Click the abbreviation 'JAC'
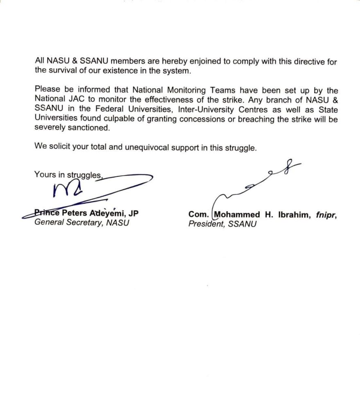[x=78, y=99]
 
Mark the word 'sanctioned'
[x=85, y=128]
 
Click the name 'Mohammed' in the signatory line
[x=236, y=214]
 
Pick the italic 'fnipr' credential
[x=326, y=214]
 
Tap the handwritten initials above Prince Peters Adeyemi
[x=68, y=189]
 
